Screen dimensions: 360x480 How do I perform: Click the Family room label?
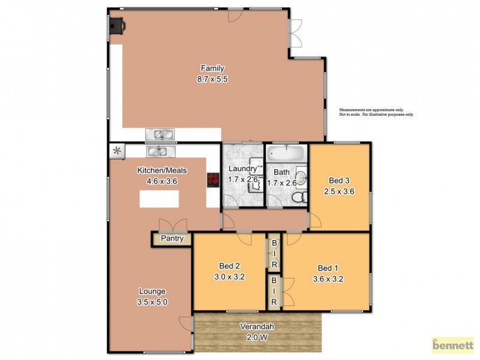212,67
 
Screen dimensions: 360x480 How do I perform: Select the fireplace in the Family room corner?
115,25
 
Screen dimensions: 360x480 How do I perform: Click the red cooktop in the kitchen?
213,179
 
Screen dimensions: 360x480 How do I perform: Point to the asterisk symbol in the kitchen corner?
116,151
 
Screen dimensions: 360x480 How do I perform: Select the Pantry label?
171,239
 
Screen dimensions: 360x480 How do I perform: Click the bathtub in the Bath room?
286,152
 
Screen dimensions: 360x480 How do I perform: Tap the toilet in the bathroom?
297,197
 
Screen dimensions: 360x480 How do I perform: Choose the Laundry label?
243,168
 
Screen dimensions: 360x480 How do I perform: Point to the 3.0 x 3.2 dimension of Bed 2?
229,277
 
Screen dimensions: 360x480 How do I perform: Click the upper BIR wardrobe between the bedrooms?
274,252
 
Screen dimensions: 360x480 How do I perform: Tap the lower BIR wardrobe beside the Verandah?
274,292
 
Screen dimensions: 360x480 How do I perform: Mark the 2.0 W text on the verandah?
258,337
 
